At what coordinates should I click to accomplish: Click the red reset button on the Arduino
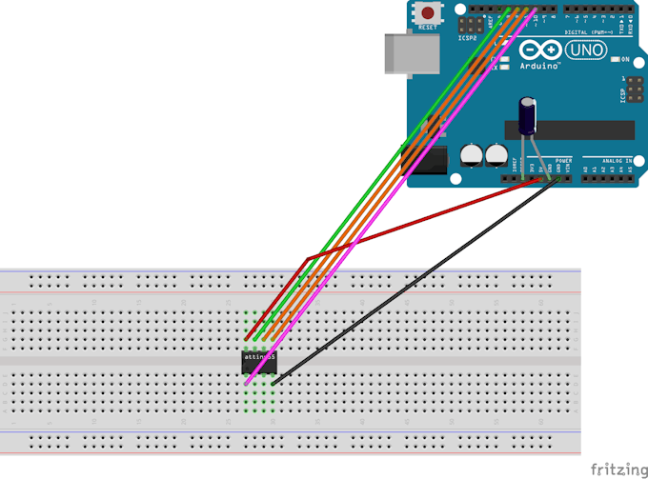point(429,13)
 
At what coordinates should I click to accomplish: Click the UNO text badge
point(587,51)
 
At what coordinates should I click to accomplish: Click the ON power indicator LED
point(615,59)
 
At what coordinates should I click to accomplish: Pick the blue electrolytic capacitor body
point(527,114)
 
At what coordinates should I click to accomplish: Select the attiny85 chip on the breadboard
point(259,358)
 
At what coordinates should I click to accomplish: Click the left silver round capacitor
point(471,154)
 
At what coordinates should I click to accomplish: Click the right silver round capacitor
point(496,154)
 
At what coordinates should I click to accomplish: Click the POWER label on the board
point(563,160)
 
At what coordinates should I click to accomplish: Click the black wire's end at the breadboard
point(273,383)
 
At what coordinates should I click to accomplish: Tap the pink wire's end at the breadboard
point(248,383)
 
